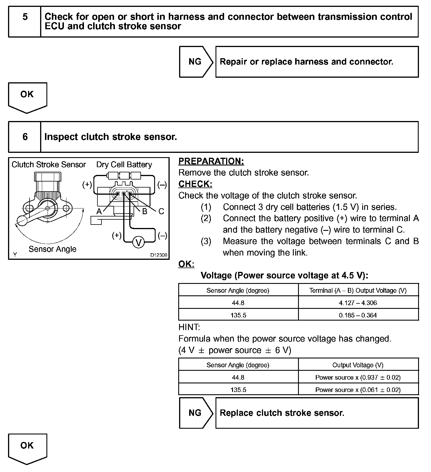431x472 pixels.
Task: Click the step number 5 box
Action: (25, 22)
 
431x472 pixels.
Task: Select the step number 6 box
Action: (25, 137)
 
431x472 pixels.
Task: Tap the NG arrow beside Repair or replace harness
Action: (195, 62)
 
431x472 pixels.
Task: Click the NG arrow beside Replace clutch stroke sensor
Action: (195, 413)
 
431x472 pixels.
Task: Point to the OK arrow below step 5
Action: (27, 97)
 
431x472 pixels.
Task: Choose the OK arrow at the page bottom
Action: (27, 448)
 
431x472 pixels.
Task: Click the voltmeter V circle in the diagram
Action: (139, 243)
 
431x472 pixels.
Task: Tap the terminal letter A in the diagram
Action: (99, 212)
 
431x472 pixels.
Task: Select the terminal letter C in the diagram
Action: (161, 212)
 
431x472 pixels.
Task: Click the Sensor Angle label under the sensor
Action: (52, 249)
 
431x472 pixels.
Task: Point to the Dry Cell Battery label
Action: (124, 165)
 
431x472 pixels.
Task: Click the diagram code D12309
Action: (159, 255)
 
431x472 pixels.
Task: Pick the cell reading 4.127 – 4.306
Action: (358, 303)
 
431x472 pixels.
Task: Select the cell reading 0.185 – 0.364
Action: (358, 315)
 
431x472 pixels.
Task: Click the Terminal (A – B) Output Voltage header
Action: (358, 290)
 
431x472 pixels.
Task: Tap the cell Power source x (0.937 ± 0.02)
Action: (358, 377)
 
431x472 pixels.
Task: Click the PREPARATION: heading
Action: (211, 161)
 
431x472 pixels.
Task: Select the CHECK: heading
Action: (195, 184)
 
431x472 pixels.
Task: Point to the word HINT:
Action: (189, 327)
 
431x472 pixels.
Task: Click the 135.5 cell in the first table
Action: (238, 315)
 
